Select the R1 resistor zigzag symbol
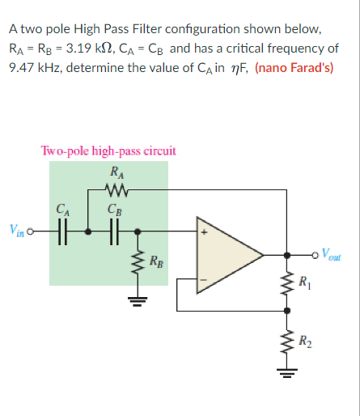coord(286,285)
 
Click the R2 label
coord(305,340)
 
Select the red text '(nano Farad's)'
coord(295,68)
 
